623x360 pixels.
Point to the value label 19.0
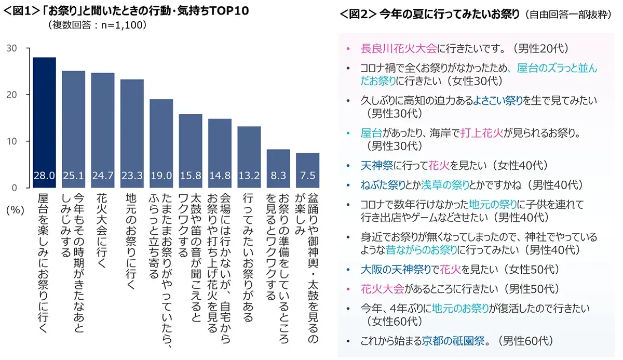click(161, 177)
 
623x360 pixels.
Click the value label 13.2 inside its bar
click(249, 177)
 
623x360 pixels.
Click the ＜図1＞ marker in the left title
click(20, 10)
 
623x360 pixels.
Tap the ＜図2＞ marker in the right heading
click(358, 14)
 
